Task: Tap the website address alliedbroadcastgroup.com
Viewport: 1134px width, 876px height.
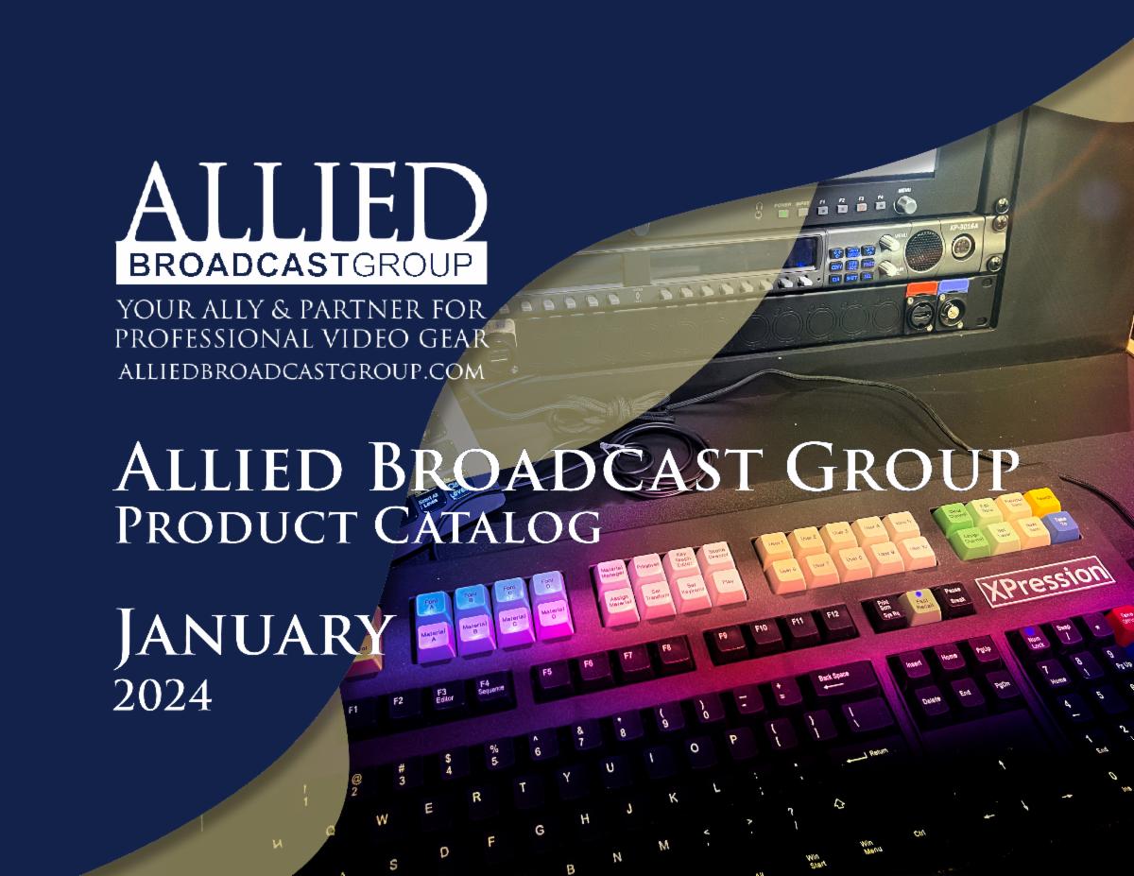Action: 301,371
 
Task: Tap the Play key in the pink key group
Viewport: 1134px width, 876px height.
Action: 726,583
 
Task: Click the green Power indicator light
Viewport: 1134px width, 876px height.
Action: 782,214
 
